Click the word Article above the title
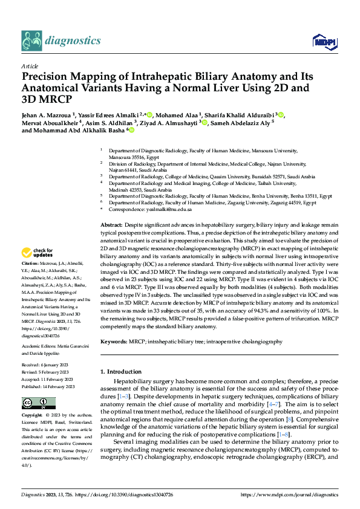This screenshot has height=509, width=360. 30,66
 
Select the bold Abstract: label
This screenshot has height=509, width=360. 111,224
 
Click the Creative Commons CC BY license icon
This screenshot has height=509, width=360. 35,402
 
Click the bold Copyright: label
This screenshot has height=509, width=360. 32,416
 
